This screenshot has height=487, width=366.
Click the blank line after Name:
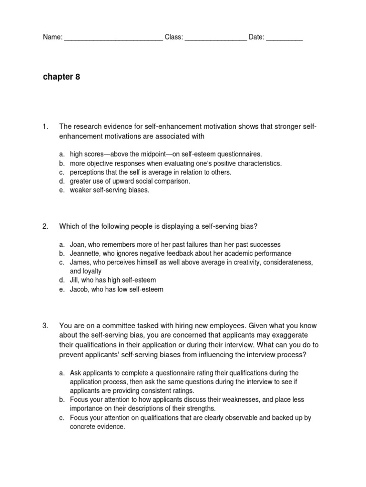113,38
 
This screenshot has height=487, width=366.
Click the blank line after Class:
215,38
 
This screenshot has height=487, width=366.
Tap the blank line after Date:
285,38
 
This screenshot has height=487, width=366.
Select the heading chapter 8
61,77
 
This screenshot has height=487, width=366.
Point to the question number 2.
45,226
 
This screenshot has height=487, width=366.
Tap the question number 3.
45,326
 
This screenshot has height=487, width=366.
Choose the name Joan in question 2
78,244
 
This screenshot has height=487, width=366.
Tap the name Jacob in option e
79,289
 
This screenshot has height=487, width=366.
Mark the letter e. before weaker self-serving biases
62,190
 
